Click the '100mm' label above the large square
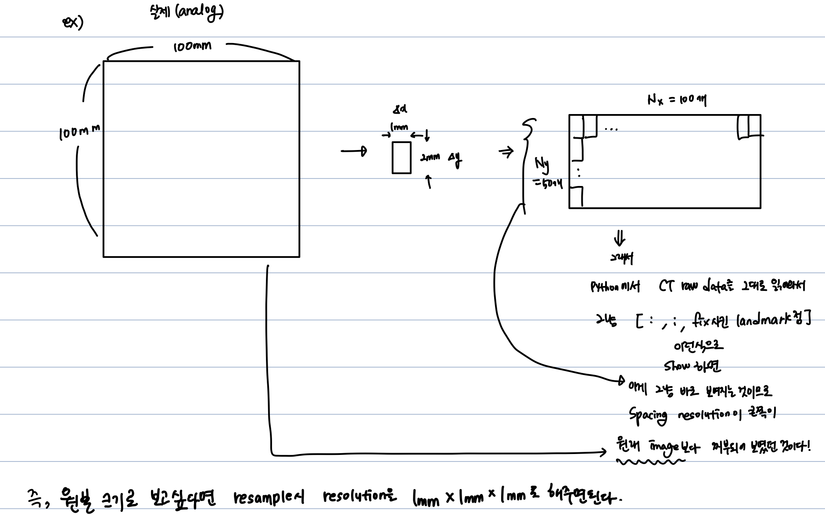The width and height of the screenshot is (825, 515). pos(192,46)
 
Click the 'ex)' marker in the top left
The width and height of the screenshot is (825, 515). pos(72,22)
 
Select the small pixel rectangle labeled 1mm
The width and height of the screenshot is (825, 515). pos(402,157)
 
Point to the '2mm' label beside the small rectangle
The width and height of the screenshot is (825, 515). pos(430,157)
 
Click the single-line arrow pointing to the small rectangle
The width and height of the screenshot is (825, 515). pos(353,151)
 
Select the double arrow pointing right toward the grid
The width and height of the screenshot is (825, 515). pos(506,152)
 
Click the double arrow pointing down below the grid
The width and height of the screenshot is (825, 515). pos(620,239)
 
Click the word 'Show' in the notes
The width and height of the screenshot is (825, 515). pos(677,366)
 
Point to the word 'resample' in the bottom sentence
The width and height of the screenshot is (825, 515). pos(263,497)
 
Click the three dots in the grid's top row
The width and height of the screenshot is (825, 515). pos(611,129)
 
